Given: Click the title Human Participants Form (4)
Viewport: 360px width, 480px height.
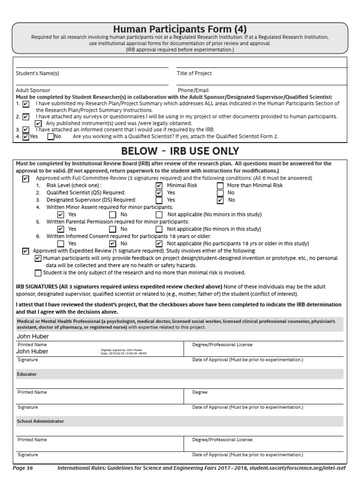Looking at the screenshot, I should [x=180, y=29].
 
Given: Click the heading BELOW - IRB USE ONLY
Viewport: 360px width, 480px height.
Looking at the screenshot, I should [x=180, y=151].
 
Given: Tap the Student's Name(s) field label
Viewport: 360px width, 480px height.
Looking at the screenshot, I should [x=37, y=73].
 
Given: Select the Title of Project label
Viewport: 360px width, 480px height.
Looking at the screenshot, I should [x=194, y=73].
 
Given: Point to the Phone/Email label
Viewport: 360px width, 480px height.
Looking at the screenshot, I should [x=193, y=90].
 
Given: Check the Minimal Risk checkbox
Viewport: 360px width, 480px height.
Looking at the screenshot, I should [x=159, y=186].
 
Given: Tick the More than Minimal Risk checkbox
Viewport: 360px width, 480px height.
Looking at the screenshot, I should [x=220, y=186].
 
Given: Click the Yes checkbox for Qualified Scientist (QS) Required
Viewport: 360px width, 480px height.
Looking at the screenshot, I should [x=159, y=193].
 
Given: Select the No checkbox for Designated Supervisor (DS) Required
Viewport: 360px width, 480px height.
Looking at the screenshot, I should [x=220, y=200].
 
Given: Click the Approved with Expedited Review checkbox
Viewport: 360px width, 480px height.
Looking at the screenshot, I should [x=26, y=251].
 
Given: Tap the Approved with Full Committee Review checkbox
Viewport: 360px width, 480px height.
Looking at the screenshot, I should [x=26, y=179].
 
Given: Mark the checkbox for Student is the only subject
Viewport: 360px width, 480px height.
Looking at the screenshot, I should [x=38, y=273].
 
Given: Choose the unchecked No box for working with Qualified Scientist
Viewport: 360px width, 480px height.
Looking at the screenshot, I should [x=51, y=137].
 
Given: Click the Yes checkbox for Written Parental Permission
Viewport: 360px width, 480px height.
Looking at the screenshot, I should [x=60, y=229].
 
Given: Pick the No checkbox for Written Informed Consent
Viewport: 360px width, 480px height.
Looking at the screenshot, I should [x=112, y=244].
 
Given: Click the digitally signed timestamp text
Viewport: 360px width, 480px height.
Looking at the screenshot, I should [x=124, y=352].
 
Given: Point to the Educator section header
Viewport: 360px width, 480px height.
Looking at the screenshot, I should [x=27, y=375].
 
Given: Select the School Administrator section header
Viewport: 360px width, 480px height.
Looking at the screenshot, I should [x=40, y=421].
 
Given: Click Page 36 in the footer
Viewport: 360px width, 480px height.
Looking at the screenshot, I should [x=23, y=468].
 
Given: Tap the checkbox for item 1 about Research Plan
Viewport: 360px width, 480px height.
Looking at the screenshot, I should [x=25, y=104].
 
